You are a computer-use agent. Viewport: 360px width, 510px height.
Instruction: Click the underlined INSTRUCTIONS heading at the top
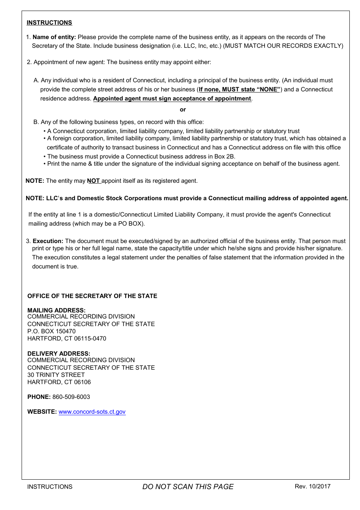[49, 23]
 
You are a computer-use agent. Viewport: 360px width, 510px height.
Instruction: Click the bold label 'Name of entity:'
[54, 37]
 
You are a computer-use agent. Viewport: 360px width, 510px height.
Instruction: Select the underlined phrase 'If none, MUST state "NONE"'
[239, 89]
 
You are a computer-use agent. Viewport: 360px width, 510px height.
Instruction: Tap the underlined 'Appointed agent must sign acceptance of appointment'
[172, 99]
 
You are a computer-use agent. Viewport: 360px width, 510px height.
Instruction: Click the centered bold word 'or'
[183, 110]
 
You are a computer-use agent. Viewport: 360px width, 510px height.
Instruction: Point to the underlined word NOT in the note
[93, 181]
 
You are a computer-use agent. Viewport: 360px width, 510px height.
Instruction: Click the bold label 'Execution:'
[48, 241]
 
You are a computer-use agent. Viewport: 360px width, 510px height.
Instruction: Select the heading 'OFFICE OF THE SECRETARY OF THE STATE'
[92, 296]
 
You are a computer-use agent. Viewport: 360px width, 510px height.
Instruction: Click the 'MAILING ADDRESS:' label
[56, 310]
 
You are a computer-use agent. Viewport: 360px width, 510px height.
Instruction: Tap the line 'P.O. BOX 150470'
[52, 331]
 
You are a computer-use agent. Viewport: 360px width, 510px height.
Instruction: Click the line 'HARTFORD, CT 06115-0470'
[67, 339]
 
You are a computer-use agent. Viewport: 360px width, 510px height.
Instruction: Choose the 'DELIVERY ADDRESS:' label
[59, 353]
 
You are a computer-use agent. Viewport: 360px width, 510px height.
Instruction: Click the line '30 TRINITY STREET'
[56, 375]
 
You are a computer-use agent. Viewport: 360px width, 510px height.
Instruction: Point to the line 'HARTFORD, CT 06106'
[59, 382]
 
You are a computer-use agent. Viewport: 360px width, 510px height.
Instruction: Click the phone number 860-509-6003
[71, 397]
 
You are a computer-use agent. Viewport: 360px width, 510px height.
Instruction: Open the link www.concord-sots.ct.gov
[92, 412]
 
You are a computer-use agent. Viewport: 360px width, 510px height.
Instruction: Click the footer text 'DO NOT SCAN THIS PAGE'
[188, 487]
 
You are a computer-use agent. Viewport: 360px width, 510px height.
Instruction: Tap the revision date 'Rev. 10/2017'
[313, 486]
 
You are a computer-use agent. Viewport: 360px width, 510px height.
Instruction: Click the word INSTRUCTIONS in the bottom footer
[50, 487]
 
